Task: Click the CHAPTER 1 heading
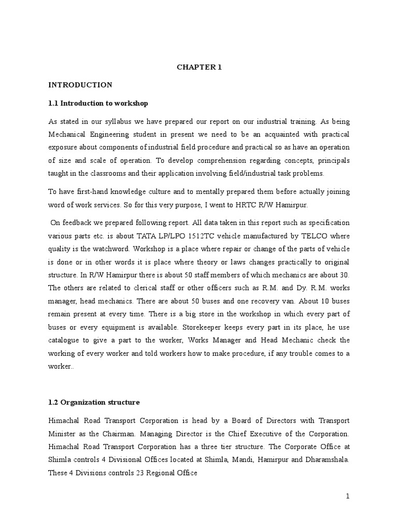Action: (x=200, y=67)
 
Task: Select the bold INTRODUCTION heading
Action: (x=80, y=85)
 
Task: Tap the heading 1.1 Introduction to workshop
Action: (x=98, y=103)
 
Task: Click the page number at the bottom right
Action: (x=348, y=496)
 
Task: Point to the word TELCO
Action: (x=321, y=234)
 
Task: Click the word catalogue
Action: (x=67, y=340)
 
